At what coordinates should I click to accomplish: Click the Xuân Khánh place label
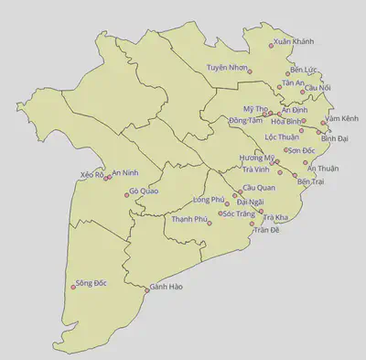294,42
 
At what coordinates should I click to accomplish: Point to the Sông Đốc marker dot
72,289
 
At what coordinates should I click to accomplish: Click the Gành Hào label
167,287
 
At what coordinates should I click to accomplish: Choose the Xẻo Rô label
91,174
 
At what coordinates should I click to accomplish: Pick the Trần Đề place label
266,230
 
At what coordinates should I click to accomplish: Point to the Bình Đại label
335,138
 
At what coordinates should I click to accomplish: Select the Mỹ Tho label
253,108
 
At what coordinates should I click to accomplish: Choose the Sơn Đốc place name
302,150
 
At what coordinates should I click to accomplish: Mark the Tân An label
293,82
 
